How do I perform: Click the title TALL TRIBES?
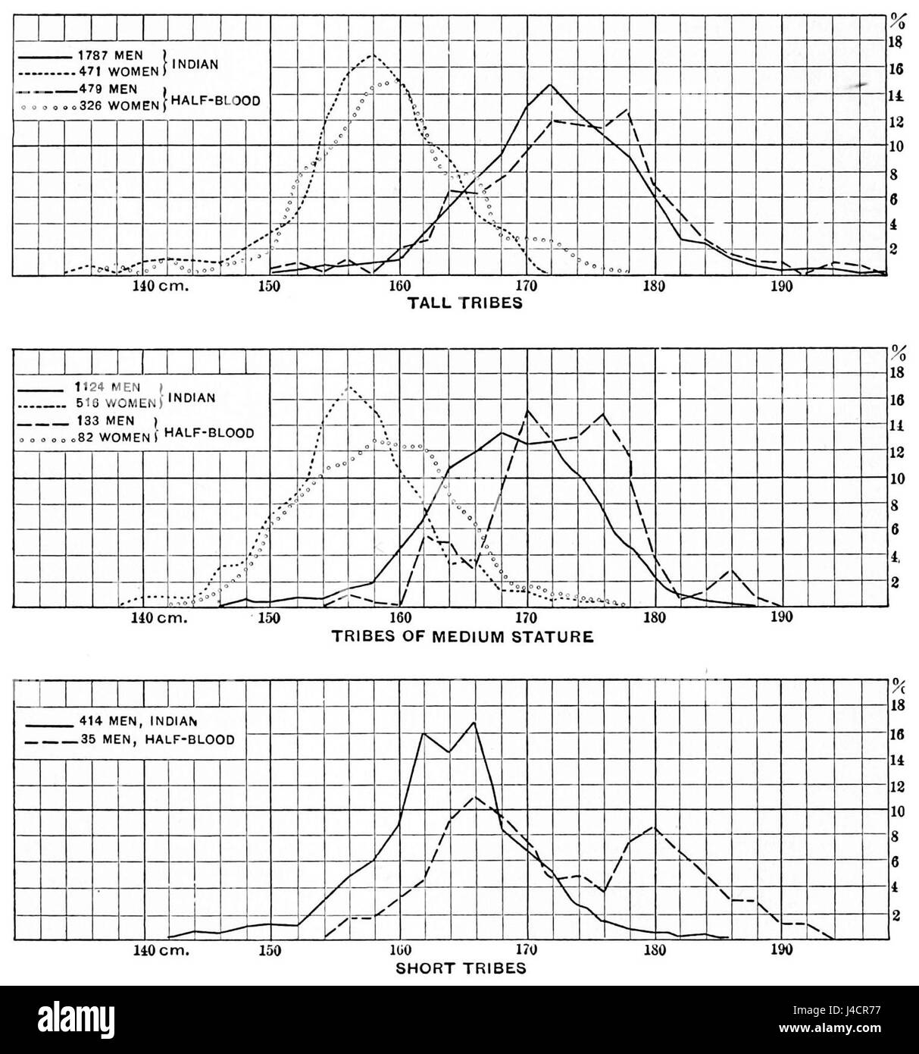465,303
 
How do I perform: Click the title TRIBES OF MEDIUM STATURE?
462,636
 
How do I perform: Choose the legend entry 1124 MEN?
114,387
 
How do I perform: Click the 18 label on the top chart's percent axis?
896,42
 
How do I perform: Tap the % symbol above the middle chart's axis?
898,352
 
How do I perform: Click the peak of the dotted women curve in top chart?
370,55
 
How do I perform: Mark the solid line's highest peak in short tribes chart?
474,722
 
